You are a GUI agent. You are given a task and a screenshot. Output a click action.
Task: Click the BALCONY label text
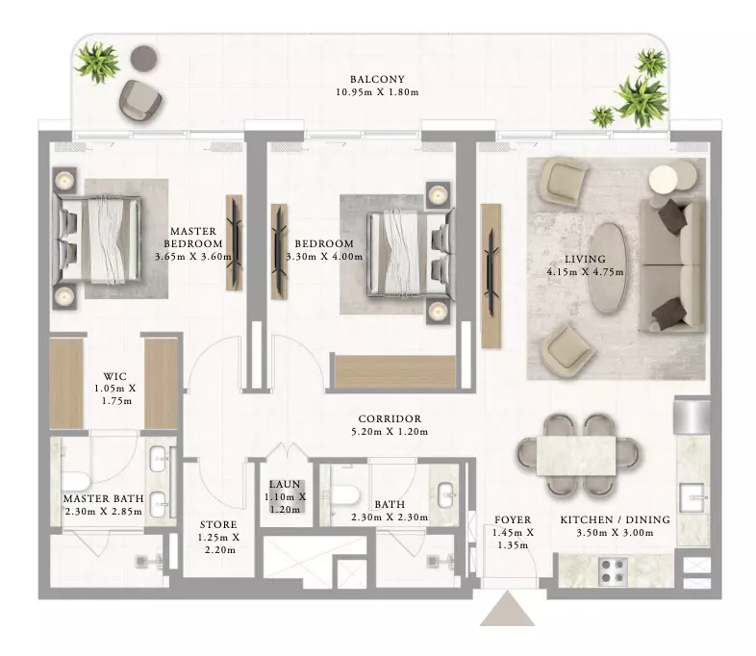[377, 79]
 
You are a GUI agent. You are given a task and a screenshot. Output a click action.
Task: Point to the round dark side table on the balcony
[143, 59]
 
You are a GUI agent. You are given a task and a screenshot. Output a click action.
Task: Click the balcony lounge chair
[140, 100]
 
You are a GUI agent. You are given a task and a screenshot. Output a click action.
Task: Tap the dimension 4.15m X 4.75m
[585, 272]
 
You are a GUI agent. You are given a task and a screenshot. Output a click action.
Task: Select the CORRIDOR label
[390, 418]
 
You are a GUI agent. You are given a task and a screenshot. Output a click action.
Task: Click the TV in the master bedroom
[235, 242]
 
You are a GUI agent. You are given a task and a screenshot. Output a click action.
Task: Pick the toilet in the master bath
[75, 482]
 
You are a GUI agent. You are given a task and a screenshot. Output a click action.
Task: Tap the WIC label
[115, 376]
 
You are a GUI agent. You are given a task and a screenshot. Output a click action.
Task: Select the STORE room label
[218, 524]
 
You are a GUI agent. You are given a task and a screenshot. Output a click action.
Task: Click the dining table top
[578, 456]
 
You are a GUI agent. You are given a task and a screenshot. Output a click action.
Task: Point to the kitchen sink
[692, 497]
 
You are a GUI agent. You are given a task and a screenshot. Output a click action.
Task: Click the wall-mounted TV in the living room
[491, 273]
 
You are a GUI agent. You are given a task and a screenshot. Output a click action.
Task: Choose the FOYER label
[513, 519]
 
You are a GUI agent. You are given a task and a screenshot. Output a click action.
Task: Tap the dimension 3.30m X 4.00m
[324, 257]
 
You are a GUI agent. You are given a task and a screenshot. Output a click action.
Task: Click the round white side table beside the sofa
[664, 179]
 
